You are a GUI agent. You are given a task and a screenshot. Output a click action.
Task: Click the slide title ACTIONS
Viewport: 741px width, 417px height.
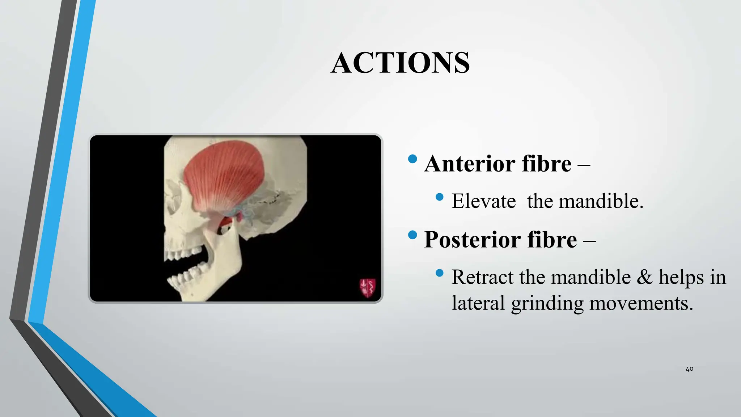400,63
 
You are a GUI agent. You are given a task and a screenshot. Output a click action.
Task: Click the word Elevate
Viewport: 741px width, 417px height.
484,201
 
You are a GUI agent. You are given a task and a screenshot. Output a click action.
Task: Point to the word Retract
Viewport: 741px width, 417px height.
482,277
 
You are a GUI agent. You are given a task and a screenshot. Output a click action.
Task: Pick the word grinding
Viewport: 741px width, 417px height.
547,303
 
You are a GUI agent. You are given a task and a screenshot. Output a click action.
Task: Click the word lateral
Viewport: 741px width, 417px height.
478,303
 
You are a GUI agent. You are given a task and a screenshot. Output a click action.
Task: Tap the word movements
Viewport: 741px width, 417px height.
641,303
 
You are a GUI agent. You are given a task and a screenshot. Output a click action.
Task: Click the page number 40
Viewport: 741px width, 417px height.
689,369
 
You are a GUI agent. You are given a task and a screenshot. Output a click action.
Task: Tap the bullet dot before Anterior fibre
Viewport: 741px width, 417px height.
412,159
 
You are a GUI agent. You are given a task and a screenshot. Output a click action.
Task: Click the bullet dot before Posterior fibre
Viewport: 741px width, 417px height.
412,235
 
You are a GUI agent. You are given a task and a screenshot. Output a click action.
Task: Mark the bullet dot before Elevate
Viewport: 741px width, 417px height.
440,197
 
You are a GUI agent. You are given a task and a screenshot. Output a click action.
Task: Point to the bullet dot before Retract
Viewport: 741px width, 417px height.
440,273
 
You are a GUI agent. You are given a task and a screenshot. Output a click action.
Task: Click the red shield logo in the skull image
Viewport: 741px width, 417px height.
367,288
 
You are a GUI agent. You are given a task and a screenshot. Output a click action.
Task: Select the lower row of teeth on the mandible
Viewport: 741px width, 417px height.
188,277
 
